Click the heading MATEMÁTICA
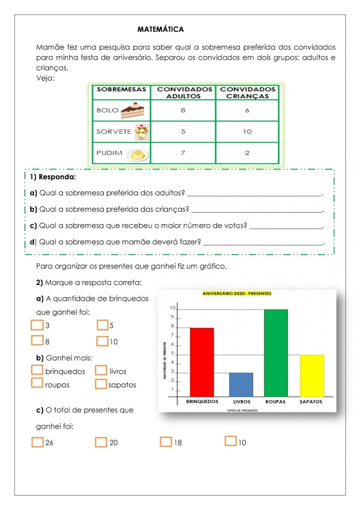tap(161, 29)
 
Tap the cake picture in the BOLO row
tap(132, 110)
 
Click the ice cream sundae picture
tap(142, 132)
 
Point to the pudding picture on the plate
tap(138, 154)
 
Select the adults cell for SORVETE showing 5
tap(183, 131)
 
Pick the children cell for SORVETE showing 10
tap(247, 131)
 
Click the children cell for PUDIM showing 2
tap(247, 153)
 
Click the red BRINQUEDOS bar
tap(202, 362)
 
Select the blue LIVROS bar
tap(241, 384)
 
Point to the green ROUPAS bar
tap(276, 353)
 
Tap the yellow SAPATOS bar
tap(312, 376)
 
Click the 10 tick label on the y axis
tap(173, 308)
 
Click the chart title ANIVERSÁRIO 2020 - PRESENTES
tap(237, 294)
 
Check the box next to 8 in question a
tap(37, 340)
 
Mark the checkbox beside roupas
tap(37, 383)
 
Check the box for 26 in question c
tap(37, 442)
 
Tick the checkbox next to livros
tap(101, 370)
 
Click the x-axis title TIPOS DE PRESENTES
tap(242, 410)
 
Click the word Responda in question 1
tap(57, 177)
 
